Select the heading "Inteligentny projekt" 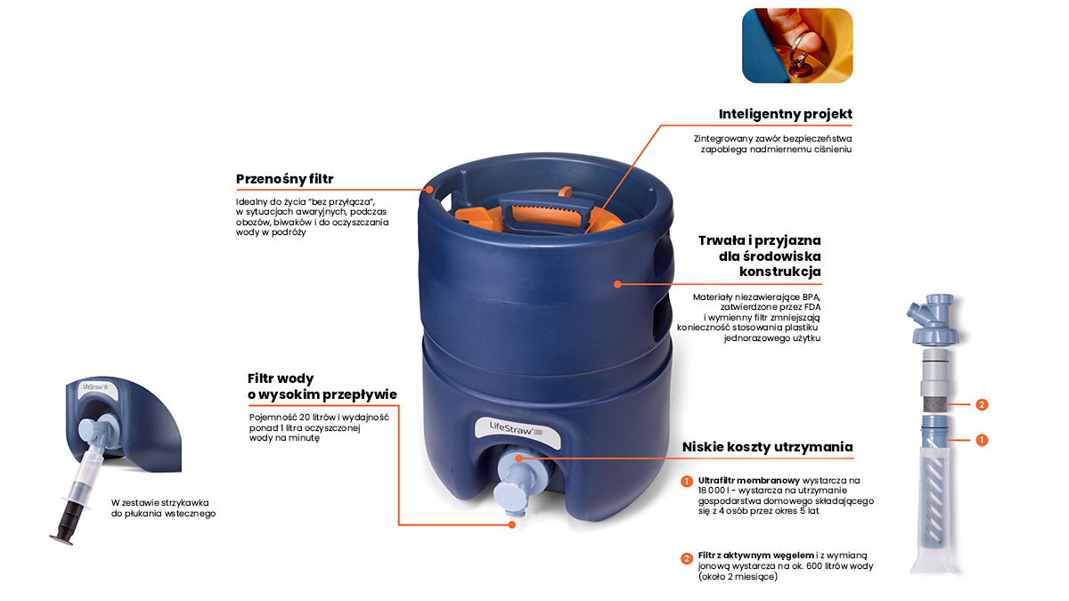click(x=785, y=114)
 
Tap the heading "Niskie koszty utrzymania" click(x=767, y=447)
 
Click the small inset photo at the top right click(x=797, y=45)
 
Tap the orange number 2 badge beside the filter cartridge click(x=982, y=404)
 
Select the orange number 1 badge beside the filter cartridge click(x=982, y=440)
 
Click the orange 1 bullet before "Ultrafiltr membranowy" click(x=687, y=482)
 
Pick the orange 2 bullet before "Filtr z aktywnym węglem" click(x=687, y=559)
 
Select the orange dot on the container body click(x=616, y=284)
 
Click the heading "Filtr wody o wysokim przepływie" click(x=322, y=386)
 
